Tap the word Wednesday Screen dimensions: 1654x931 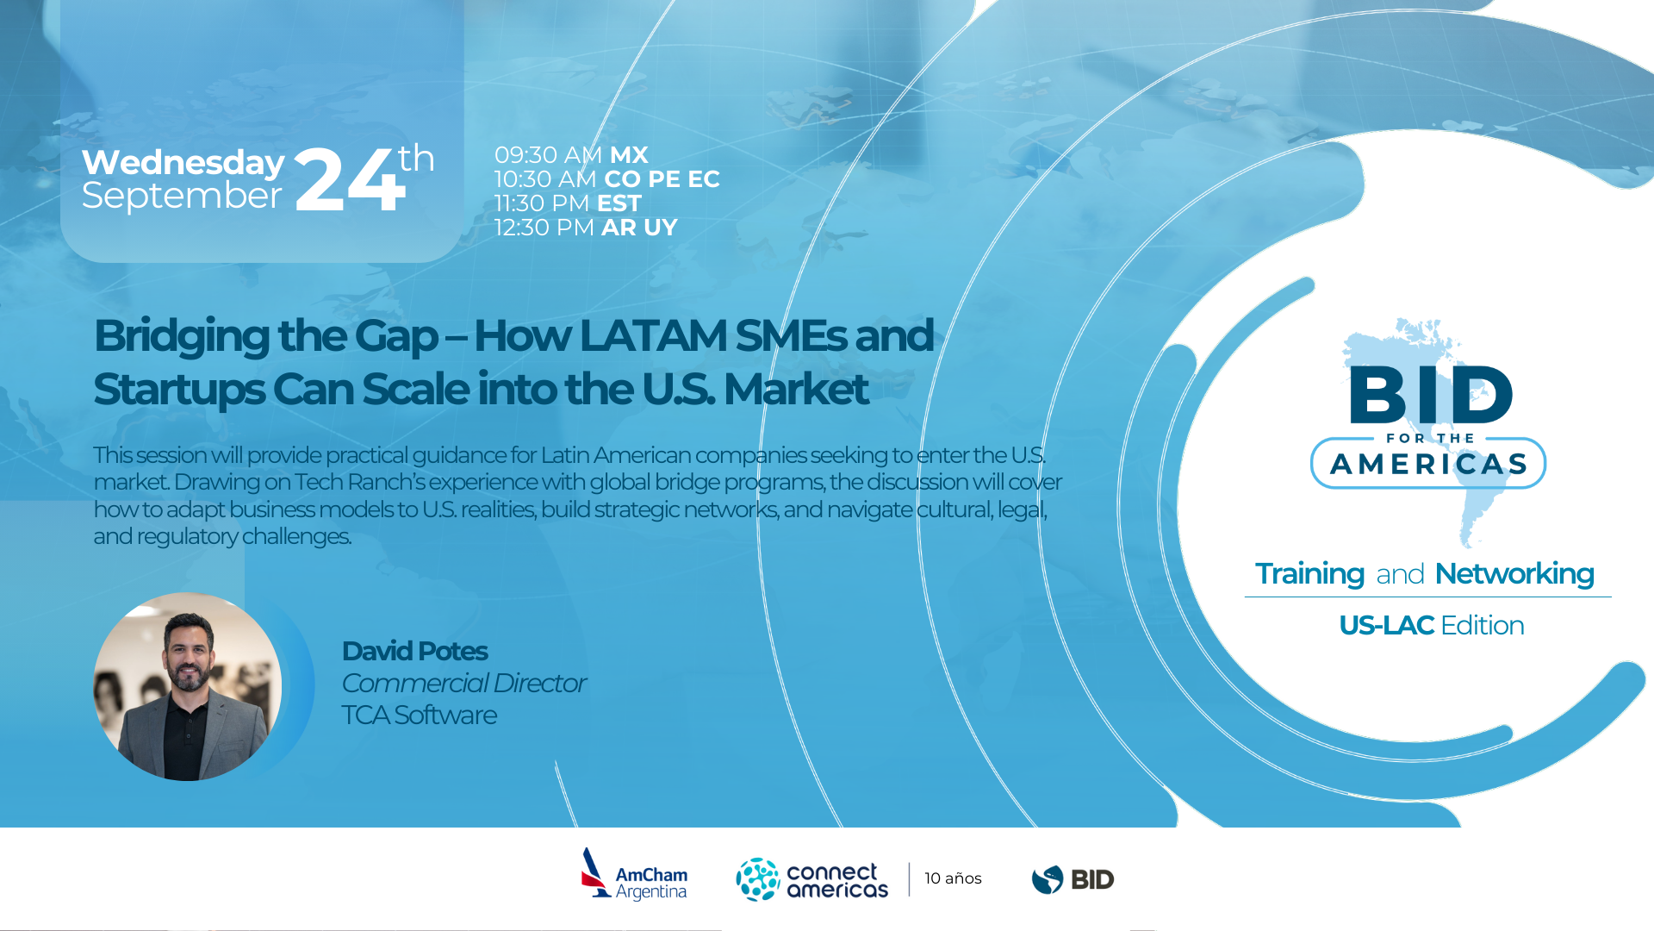(x=183, y=162)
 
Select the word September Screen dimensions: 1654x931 (x=182, y=197)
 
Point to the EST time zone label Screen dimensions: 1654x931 (x=619, y=203)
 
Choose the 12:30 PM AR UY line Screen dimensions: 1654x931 (x=586, y=228)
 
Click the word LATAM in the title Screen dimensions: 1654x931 (x=653, y=335)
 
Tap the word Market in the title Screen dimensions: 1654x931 (x=795, y=389)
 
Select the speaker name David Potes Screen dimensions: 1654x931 (x=414, y=651)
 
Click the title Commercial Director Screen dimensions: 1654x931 (x=463, y=683)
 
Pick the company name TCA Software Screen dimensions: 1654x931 (x=419, y=715)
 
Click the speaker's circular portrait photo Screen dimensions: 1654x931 (x=187, y=686)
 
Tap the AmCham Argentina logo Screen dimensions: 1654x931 (x=634, y=874)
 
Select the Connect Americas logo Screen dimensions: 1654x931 (x=811, y=879)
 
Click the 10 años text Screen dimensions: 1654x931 (x=953, y=878)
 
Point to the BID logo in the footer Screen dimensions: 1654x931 (x=1073, y=879)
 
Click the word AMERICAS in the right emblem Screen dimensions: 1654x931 (x=1428, y=464)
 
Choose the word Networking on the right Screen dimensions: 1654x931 (x=1514, y=574)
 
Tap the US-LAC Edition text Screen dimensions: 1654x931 (x=1431, y=625)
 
